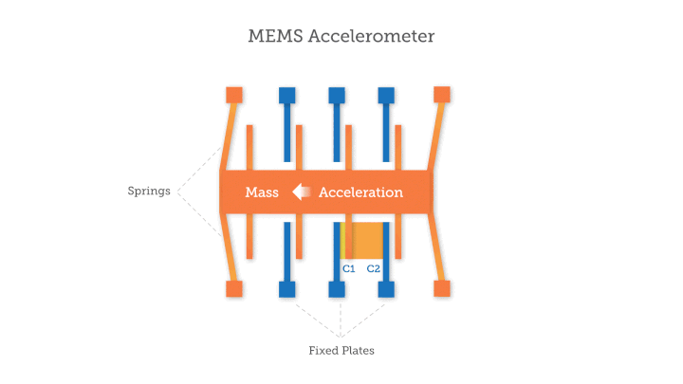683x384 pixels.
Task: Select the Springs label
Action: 149,191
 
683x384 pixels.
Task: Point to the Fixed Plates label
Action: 341,350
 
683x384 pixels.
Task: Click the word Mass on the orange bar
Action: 262,192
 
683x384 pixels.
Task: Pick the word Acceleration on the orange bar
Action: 360,192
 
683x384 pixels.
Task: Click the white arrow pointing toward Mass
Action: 301,192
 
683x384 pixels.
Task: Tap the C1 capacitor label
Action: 348,268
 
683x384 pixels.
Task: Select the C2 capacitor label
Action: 374,268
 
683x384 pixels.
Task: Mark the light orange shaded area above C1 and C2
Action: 361,241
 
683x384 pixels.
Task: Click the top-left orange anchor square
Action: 234,95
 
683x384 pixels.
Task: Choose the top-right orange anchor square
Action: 441,95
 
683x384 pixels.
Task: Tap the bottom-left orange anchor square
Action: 234,288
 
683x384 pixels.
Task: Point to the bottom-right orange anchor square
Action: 441,288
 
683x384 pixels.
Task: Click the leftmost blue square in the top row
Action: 286,95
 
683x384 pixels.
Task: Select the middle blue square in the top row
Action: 337,95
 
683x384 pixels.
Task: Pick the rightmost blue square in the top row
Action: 386,95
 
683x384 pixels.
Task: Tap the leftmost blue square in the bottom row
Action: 286,288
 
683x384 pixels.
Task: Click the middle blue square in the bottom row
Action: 337,288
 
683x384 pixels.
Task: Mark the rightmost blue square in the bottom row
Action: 386,288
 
